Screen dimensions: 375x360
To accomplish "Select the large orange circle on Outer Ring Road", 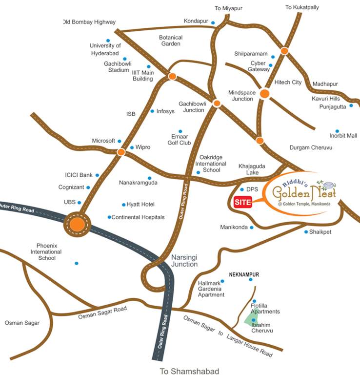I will (x=77, y=224).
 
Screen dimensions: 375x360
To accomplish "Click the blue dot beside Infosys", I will (x=152, y=111).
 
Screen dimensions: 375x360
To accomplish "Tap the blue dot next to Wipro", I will (x=131, y=147).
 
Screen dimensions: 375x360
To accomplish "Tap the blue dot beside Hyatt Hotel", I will (x=123, y=205).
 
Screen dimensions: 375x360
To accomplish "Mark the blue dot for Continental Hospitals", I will (x=109, y=217).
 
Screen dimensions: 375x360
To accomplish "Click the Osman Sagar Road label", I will (x=102, y=313).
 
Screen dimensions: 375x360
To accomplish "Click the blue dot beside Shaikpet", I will (x=306, y=232).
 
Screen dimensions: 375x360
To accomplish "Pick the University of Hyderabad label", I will (x=105, y=49).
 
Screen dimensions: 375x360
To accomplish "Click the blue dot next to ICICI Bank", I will (x=97, y=175).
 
